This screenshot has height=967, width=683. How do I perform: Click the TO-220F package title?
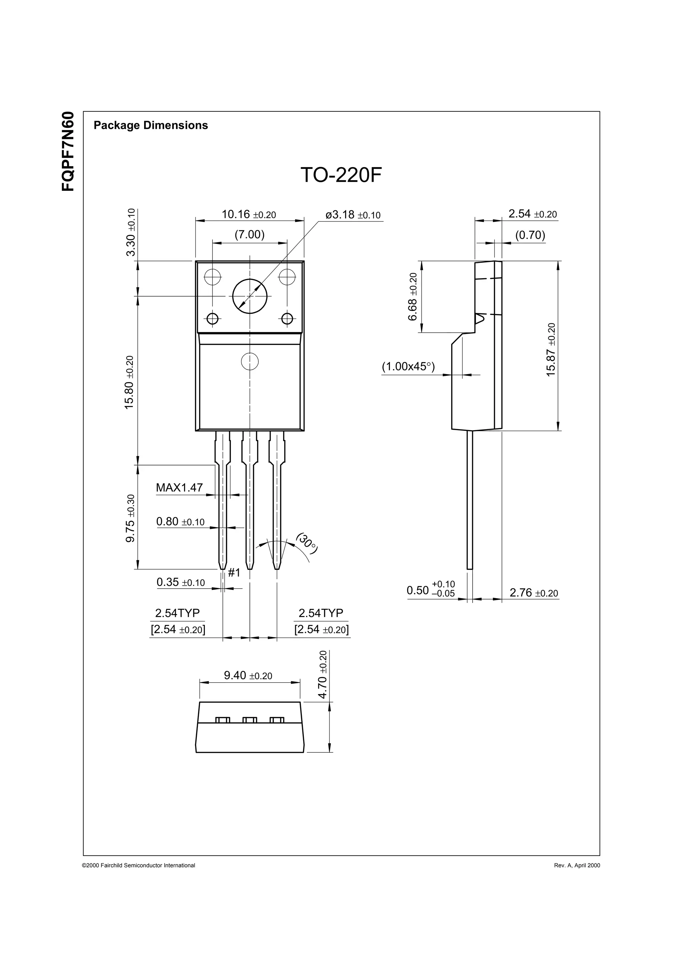pos(341,175)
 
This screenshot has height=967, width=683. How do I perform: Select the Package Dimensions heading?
pos(151,125)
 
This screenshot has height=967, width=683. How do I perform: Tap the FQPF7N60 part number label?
pos(68,151)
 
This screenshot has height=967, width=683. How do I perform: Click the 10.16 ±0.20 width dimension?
pos(249,214)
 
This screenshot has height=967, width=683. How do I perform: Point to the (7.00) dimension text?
pos(249,235)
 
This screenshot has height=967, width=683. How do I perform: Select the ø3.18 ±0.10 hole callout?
pos(353,215)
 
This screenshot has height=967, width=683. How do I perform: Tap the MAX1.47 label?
pos(179,488)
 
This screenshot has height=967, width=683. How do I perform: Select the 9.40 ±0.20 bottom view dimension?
pos(248,676)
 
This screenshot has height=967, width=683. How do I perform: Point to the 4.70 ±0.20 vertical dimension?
pos(323,675)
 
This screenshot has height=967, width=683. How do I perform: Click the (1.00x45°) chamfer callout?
pos(408,366)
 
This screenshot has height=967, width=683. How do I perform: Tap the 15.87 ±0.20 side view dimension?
pos(551,350)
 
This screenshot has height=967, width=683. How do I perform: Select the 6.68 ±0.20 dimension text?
pos(413,297)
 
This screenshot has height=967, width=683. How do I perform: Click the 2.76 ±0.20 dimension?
pos(534,593)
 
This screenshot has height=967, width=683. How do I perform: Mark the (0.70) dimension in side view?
pos(530,235)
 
